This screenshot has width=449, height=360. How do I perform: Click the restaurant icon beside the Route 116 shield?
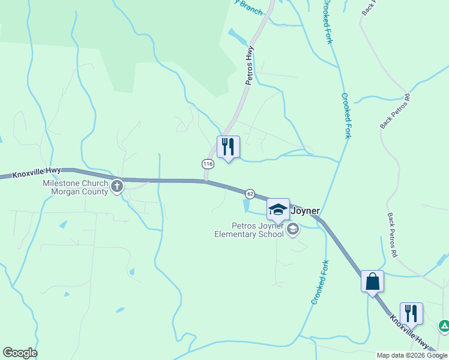(x=228, y=147)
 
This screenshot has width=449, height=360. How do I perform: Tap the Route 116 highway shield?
(x=208, y=164)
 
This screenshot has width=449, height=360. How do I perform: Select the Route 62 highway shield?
(x=250, y=194)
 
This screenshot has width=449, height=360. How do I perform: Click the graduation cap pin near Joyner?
(x=278, y=209)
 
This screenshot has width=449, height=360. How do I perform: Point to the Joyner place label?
(x=305, y=211)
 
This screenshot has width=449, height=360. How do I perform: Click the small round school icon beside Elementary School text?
(x=293, y=228)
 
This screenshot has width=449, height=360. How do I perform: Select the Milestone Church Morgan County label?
(x=75, y=187)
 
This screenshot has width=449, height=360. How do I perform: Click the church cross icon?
(x=117, y=187)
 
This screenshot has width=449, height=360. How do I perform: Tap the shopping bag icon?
(x=372, y=281)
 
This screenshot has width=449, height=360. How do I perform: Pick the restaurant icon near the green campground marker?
(x=411, y=314)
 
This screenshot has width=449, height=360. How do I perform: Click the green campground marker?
(x=444, y=326)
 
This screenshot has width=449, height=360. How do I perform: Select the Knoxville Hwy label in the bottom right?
(x=410, y=332)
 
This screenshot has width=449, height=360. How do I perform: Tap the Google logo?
(x=20, y=353)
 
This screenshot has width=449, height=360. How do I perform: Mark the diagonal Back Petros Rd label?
(x=394, y=111)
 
